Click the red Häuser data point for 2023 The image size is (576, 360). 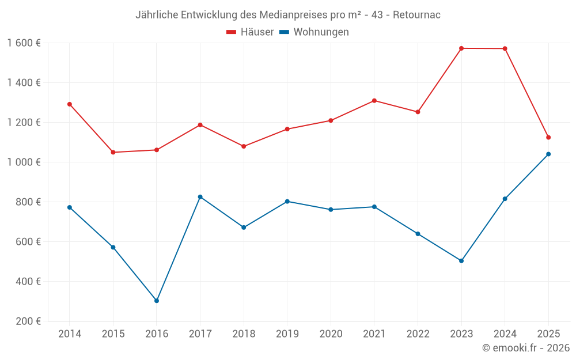[461, 48]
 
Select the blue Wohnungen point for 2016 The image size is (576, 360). [157, 301]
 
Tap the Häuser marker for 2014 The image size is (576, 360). [70, 104]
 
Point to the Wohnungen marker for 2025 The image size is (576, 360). [548, 154]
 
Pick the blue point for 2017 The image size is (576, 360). [200, 197]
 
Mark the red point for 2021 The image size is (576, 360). [374, 101]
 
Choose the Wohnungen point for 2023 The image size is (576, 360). [461, 261]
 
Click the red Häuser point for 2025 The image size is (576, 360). [548, 137]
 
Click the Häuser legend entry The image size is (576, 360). [250, 32]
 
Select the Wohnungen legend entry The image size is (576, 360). [314, 32]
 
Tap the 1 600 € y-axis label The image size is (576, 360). [24, 43]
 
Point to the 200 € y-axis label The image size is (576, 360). [28, 321]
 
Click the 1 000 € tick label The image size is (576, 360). [24, 162]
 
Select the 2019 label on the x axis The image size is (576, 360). [287, 334]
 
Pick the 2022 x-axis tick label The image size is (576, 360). [418, 334]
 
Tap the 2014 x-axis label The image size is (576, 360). [70, 334]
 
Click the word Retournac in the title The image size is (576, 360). [416, 15]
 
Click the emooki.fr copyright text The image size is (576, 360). [526, 348]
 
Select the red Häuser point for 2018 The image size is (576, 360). [244, 146]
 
